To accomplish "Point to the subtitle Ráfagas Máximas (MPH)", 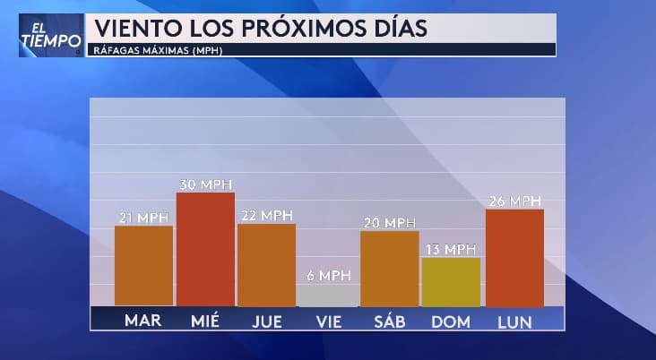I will (x=158, y=50).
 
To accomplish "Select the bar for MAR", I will (x=143, y=266).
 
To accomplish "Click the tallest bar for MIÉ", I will (x=205, y=250).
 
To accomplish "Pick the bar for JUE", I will (x=266, y=265).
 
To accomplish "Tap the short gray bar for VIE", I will (x=327, y=296).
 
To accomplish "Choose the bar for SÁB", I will (x=389, y=269).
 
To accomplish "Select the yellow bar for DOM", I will (x=450, y=282).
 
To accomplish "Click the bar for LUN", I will (x=514, y=258).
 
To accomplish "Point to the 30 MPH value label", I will (x=205, y=184).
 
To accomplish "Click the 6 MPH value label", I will (x=327, y=276).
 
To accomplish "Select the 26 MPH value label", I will (x=514, y=201).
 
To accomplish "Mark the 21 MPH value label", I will (x=143, y=218).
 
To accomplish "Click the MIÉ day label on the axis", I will (x=205, y=321).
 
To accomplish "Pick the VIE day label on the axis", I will (x=327, y=321).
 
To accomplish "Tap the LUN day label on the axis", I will (x=514, y=321).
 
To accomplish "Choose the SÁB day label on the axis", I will (x=389, y=321).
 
